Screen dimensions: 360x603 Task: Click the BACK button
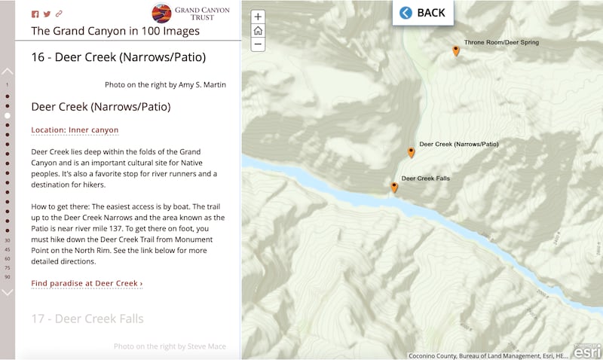[423, 13]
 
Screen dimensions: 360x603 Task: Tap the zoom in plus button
[258, 17]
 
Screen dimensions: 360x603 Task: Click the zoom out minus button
[258, 44]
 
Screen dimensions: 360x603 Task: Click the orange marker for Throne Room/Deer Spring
[456, 50]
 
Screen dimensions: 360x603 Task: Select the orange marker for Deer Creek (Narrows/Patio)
[411, 152]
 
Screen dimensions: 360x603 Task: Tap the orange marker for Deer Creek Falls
[394, 188]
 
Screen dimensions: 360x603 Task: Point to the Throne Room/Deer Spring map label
[501, 42]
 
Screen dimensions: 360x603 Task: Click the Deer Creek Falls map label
[425, 178]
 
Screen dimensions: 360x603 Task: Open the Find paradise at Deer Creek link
[87, 283]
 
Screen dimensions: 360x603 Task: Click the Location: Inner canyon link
[75, 130]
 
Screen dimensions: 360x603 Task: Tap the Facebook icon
[35, 14]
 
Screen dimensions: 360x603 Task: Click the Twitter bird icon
[47, 14]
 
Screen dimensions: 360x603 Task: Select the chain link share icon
[59, 14]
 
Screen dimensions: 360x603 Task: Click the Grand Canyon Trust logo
[192, 13]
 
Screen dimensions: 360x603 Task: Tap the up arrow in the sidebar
[8, 72]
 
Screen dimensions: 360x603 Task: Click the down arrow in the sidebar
[8, 292]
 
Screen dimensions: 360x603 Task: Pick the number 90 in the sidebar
[8, 277]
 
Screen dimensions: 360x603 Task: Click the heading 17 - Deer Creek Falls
[87, 319]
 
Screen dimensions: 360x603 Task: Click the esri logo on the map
[587, 351]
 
